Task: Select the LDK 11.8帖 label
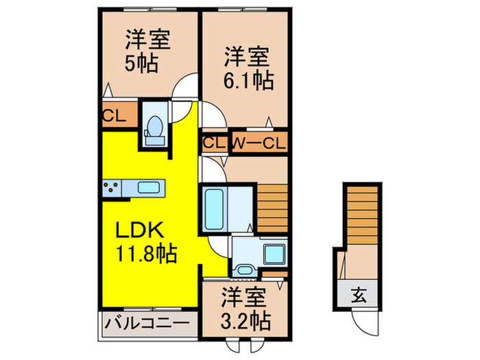[145, 242]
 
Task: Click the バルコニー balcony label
[147, 322]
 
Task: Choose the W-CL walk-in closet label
[259, 144]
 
